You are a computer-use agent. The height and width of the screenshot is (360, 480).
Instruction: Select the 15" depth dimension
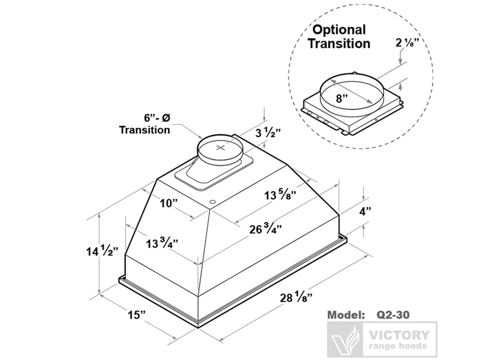pyautogui.click(x=137, y=315)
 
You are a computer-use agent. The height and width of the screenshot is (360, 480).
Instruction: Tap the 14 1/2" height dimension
pyautogui.click(x=101, y=251)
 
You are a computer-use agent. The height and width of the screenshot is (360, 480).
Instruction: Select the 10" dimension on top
pyautogui.click(x=168, y=203)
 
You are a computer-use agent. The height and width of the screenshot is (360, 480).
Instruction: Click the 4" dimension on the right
pyautogui.click(x=366, y=211)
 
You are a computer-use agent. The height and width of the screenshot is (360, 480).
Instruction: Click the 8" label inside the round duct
pyautogui.click(x=342, y=98)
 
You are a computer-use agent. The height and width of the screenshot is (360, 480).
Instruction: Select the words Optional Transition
pyautogui.click(x=339, y=37)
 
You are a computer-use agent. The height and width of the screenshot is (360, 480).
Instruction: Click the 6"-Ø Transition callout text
pyautogui.click(x=145, y=123)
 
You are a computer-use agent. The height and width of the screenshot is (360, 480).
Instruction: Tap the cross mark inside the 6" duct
pyautogui.click(x=221, y=148)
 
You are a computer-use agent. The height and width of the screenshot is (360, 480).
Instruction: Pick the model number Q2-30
pyautogui.click(x=393, y=313)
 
